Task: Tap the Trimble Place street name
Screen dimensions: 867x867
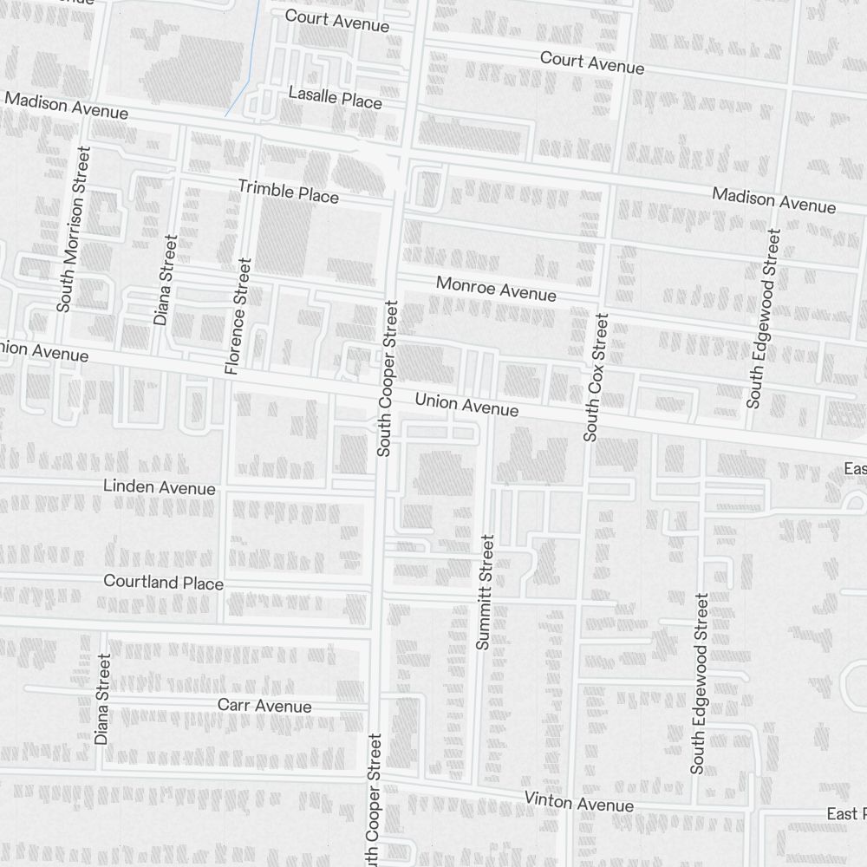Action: pos(288,192)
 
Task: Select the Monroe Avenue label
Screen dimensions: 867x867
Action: pos(496,289)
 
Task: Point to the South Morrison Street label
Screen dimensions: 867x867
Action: pos(73,229)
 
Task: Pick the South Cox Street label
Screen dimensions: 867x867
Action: pos(596,377)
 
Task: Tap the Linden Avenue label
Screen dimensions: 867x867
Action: pos(159,487)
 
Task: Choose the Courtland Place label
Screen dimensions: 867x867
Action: pos(163,582)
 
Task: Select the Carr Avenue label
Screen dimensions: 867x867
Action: pos(264,706)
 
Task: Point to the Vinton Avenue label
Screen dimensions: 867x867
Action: pos(578,802)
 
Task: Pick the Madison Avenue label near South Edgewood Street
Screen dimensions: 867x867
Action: pos(773,200)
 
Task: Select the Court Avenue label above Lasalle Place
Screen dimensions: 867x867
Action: pos(336,20)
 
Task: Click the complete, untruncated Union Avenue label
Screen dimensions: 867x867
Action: pos(466,404)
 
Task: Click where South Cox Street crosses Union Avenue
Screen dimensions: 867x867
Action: pos(592,415)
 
